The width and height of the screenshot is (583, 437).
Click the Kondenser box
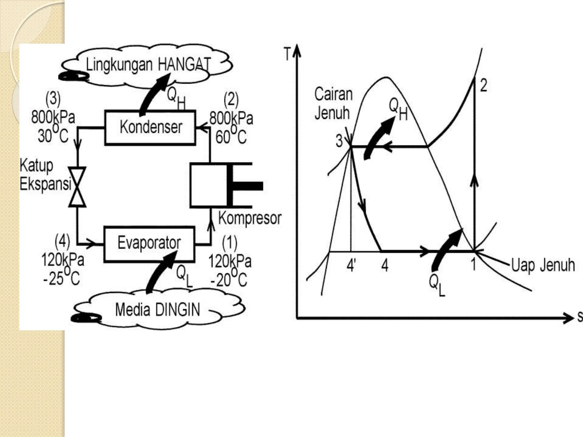pyautogui.click(x=150, y=128)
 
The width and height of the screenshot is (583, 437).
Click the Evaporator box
pyautogui.click(x=149, y=244)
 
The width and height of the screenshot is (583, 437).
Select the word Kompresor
pyautogui.click(x=250, y=218)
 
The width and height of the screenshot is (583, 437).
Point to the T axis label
pyautogui.click(x=288, y=54)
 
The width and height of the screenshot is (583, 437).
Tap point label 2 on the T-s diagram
pyautogui.click(x=483, y=85)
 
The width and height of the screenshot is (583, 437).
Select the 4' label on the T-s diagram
pyautogui.click(x=351, y=265)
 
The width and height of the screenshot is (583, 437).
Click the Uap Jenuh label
pyautogui.click(x=543, y=265)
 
